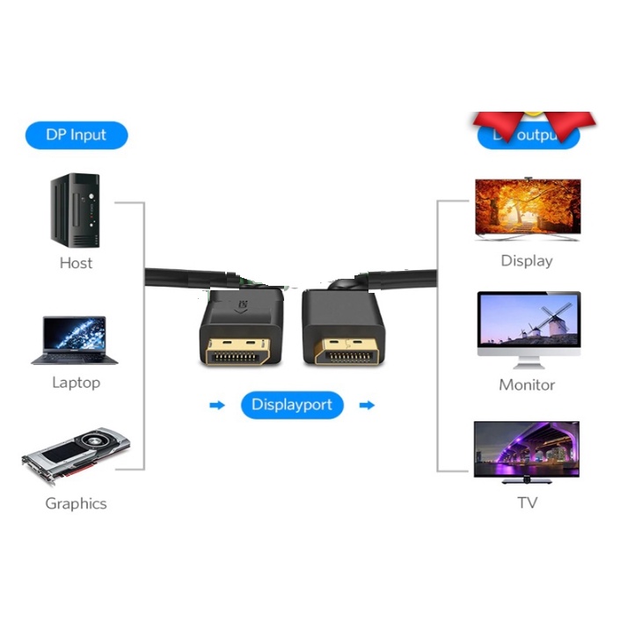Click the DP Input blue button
click(77, 135)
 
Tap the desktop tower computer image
click(76, 211)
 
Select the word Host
click(76, 263)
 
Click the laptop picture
click(75, 340)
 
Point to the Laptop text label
click(76, 383)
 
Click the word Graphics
click(76, 504)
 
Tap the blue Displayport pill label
click(292, 405)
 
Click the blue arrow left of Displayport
click(216, 405)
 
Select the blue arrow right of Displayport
click(368, 405)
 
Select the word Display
click(527, 261)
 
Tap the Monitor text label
click(527, 385)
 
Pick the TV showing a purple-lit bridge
click(527, 450)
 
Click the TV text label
click(527, 503)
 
